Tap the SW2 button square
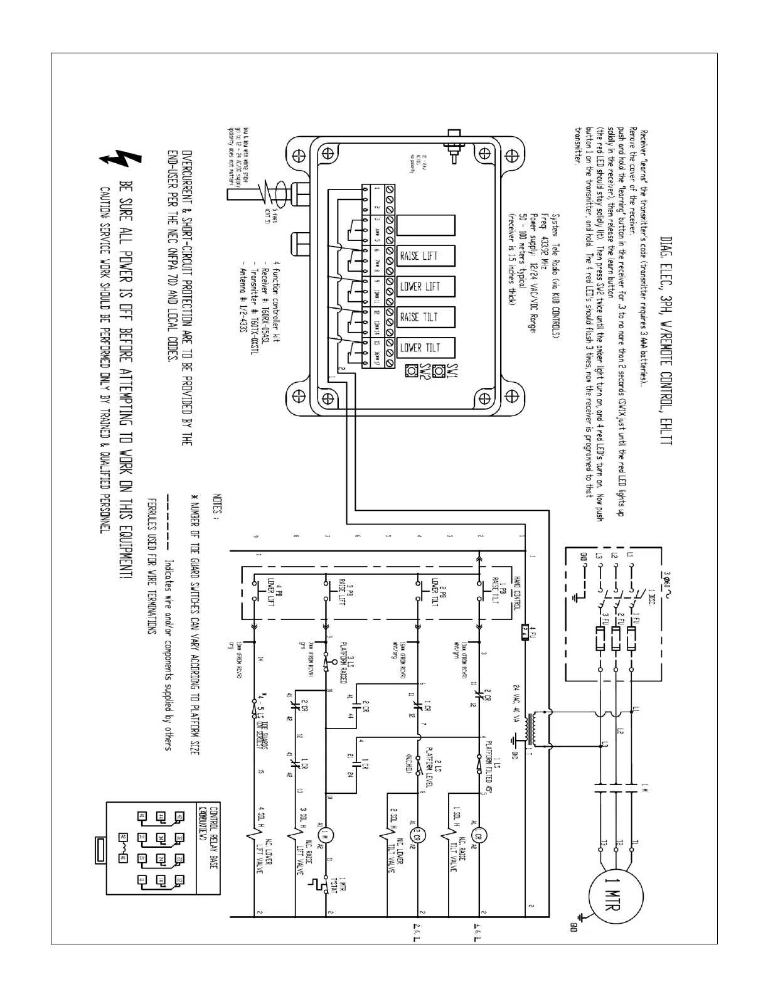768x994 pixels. point(412,371)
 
